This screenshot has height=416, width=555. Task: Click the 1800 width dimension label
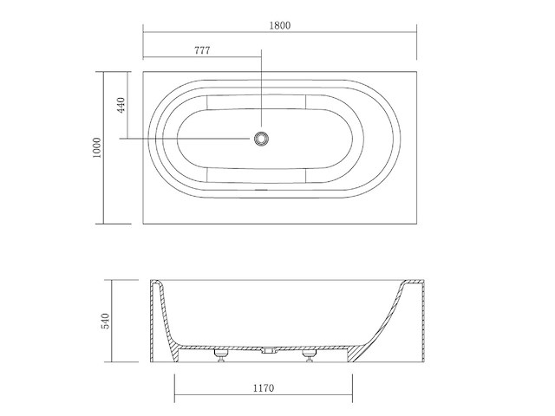point(279,24)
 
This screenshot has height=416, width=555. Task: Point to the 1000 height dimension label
point(98,148)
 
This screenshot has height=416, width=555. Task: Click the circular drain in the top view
point(261,138)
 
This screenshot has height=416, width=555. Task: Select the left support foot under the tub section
point(219,356)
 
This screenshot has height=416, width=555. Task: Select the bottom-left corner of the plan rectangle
point(142,224)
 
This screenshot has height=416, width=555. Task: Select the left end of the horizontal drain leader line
point(121,138)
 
